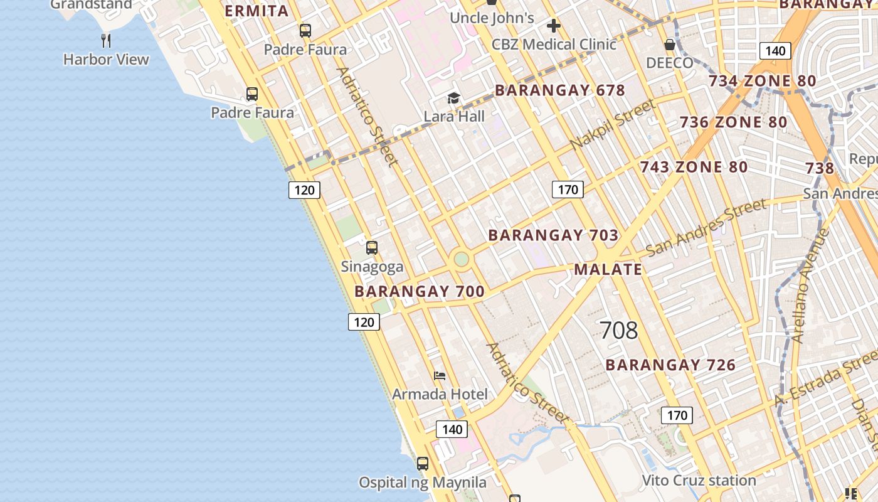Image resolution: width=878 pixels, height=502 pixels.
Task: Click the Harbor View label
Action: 106,60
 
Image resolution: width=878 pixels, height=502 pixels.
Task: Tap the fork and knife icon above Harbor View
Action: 106,41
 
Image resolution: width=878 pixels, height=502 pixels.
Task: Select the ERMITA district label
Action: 257,11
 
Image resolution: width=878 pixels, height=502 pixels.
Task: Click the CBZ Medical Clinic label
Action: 554,44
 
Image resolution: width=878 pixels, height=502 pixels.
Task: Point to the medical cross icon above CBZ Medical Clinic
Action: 553,26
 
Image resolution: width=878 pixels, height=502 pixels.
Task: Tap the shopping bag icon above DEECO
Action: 670,45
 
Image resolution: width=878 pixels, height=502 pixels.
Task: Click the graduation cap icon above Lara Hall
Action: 453,98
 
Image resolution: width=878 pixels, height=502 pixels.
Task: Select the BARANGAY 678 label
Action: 560,90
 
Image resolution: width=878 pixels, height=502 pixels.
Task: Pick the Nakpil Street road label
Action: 612,125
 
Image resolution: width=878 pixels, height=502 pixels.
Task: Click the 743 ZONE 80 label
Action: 694,167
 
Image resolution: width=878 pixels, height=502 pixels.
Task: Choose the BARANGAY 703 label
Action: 553,235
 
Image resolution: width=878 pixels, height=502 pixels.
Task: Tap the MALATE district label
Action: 608,270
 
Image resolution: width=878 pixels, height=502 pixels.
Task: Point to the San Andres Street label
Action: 706,227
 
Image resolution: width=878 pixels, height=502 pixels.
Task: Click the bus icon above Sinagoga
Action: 372,248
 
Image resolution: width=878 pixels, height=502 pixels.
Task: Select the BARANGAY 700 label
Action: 420,291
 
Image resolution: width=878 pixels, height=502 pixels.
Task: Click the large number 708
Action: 618,330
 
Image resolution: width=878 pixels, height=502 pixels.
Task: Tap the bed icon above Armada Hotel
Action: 440,376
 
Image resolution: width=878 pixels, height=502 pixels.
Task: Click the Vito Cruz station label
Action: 699,481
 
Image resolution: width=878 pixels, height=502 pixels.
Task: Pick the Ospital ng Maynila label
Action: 423,483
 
